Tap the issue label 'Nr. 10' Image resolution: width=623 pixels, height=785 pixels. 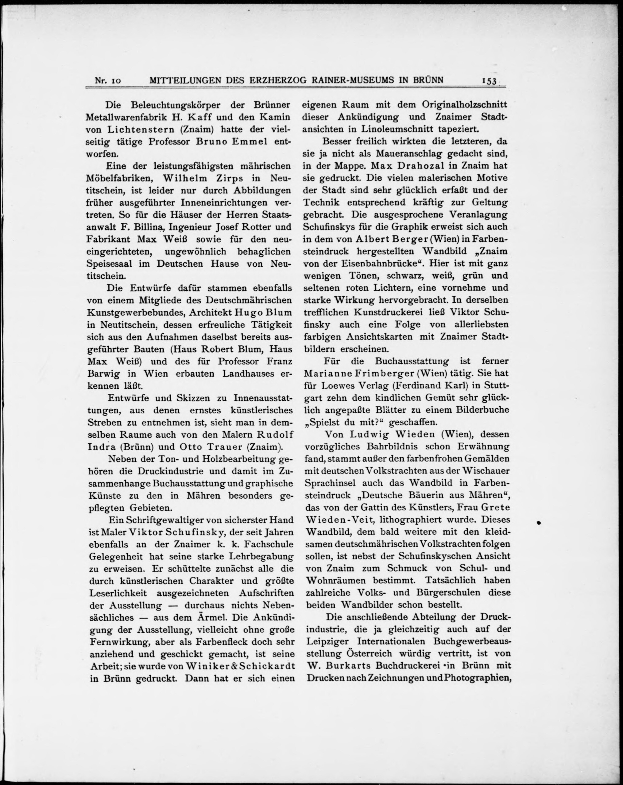108,81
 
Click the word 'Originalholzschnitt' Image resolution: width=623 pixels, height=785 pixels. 465,105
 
